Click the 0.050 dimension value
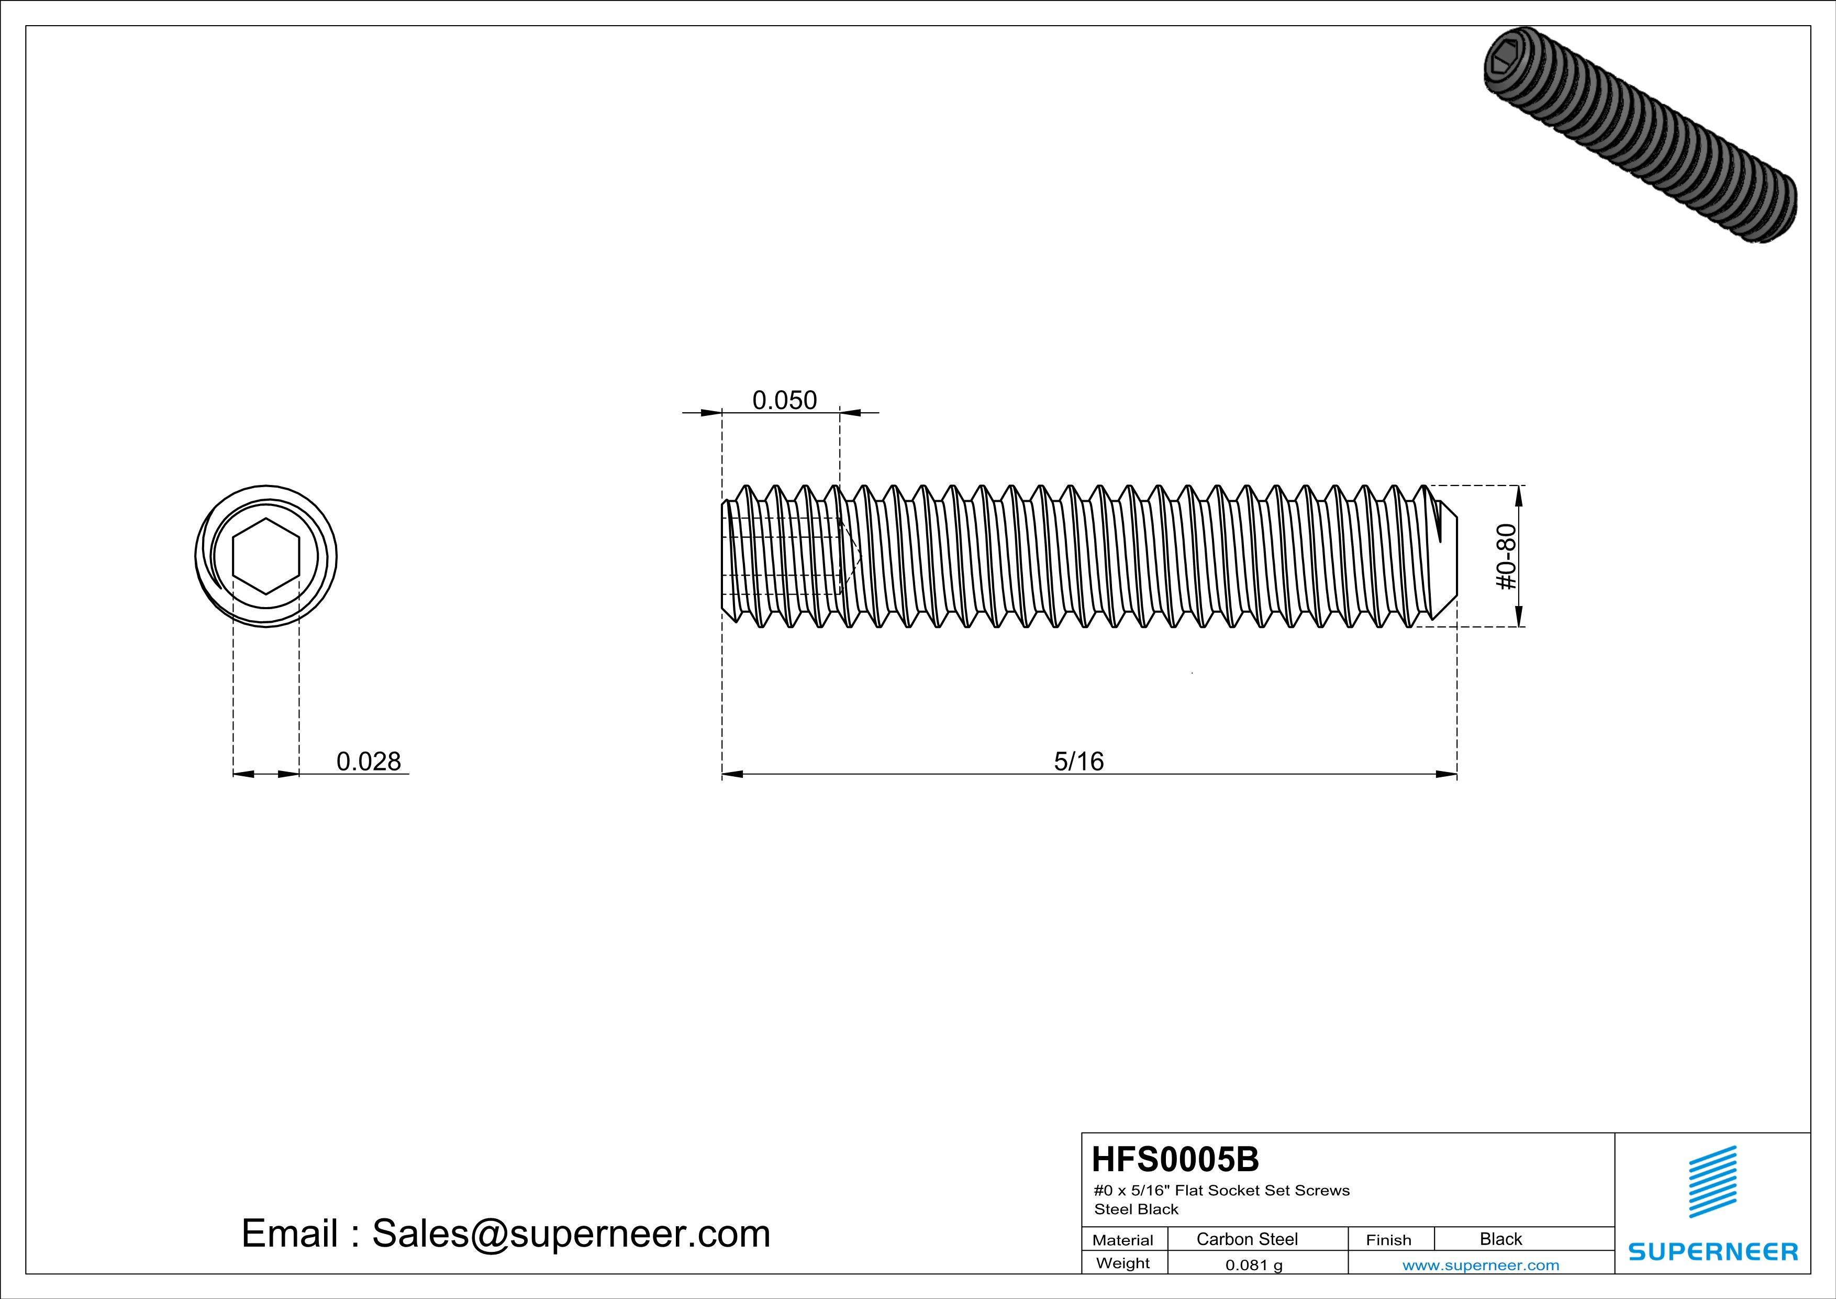(x=784, y=400)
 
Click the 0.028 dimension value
(x=368, y=762)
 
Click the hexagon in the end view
(x=266, y=557)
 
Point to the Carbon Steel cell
(x=1247, y=1239)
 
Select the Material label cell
(x=1123, y=1240)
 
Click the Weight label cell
(x=1123, y=1263)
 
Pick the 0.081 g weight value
(x=1253, y=1264)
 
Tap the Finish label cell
(x=1388, y=1240)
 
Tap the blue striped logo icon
(x=1712, y=1182)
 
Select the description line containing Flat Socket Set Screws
(x=1221, y=1190)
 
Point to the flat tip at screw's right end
(x=1455, y=557)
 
